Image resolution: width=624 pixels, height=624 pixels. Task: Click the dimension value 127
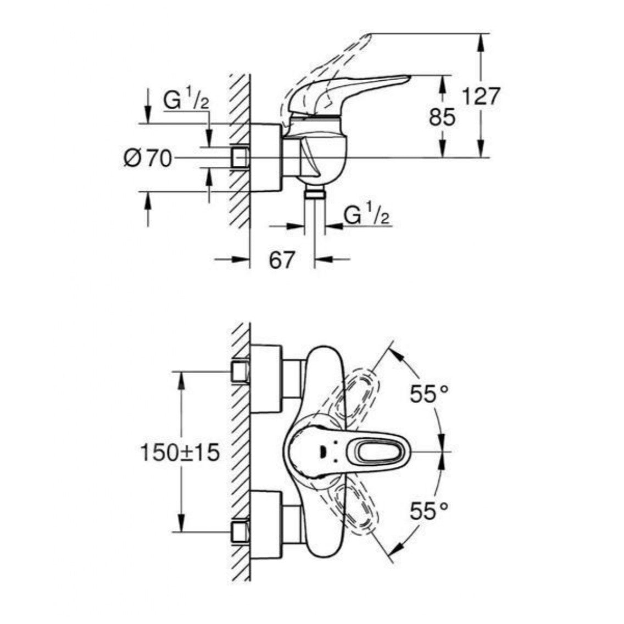click(481, 97)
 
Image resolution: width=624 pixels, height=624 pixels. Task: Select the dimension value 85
click(442, 117)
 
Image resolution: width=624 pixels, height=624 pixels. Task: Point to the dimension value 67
click(282, 260)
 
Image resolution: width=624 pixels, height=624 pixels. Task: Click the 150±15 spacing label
click(180, 453)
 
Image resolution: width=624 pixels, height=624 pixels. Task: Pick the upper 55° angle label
click(430, 393)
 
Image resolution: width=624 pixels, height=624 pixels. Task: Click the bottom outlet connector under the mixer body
click(315, 193)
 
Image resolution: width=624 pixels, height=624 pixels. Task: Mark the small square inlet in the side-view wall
click(240, 158)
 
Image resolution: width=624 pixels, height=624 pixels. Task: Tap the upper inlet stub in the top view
click(239, 371)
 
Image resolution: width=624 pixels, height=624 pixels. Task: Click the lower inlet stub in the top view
click(239, 532)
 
